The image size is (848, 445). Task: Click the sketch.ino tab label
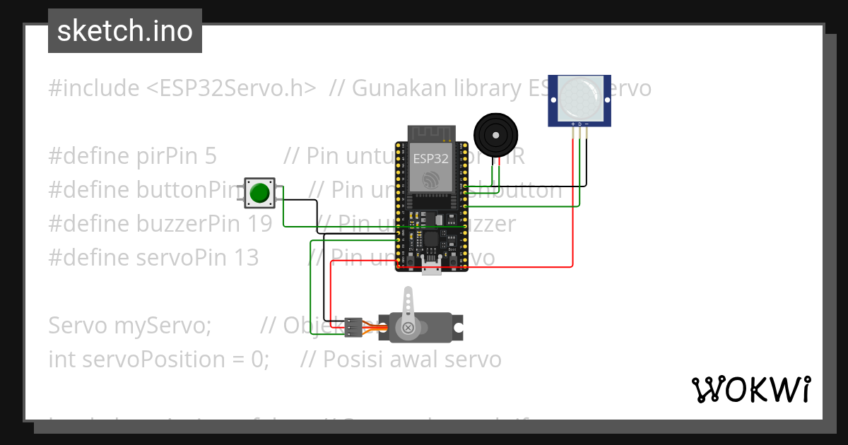(x=124, y=31)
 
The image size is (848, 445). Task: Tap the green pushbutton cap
(x=261, y=192)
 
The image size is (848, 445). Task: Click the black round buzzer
(x=495, y=133)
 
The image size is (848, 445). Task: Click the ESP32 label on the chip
(x=430, y=159)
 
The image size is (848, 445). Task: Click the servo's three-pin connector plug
(x=354, y=326)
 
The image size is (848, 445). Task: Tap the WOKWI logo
(x=750, y=389)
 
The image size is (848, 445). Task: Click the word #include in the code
(x=94, y=88)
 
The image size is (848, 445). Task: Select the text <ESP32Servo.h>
(x=231, y=88)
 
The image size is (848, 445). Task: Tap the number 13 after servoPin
(x=247, y=258)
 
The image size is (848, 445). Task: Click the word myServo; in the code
(x=161, y=326)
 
